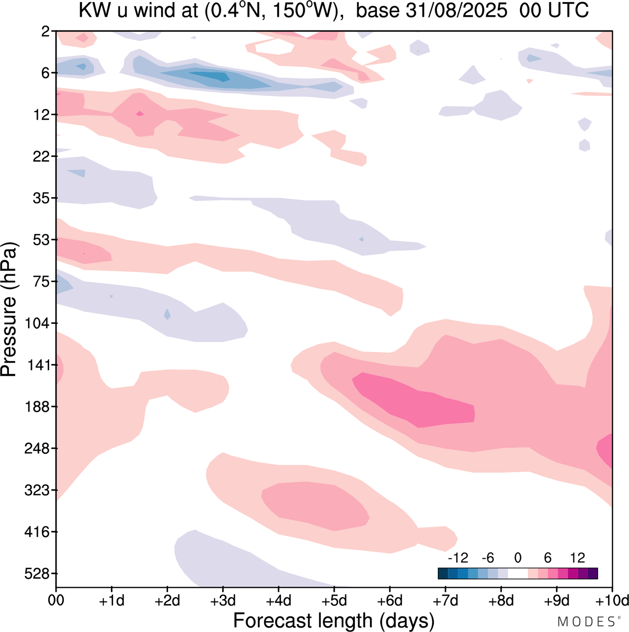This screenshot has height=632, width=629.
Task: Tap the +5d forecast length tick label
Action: coord(334,601)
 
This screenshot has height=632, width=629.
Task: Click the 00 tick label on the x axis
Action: coord(56,601)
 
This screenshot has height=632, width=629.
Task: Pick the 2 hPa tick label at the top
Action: coord(46,32)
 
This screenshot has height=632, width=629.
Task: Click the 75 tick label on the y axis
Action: coord(43,282)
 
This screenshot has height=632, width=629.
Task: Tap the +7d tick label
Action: coord(445,601)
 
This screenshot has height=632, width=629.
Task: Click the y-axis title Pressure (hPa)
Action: coord(9,310)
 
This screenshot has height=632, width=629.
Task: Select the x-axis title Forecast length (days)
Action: coord(334,620)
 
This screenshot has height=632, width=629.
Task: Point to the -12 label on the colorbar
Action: coord(457,558)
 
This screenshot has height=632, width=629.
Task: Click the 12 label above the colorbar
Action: coord(577,558)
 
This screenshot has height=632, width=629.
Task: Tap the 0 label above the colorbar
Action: coord(517,558)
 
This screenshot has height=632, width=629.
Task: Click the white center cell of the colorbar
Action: coord(517,574)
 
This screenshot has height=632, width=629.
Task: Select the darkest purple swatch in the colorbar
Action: coord(593,574)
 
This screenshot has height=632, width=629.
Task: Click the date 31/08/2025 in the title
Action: coord(456,10)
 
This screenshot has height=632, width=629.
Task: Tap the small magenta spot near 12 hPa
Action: coord(140,114)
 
